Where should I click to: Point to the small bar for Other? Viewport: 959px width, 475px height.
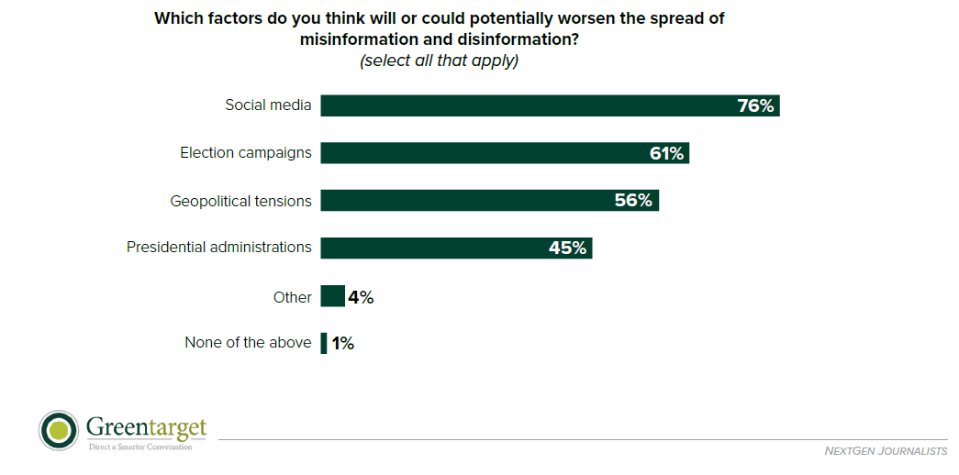pos(332,296)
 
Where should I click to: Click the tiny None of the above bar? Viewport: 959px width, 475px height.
pos(323,344)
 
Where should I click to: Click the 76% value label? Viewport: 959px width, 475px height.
pos(756,106)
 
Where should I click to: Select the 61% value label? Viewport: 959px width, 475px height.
pos(667,154)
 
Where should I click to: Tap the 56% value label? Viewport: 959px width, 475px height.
pos(633,201)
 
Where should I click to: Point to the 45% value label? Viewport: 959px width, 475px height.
pos(567,248)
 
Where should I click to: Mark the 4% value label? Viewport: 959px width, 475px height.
pos(361,297)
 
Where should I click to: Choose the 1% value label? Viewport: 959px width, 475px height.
pos(342,344)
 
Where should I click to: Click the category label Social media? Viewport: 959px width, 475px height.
pos(268,105)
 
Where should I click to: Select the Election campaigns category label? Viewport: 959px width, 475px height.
pos(245,153)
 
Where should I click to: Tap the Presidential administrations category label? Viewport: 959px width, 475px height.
pos(218,248)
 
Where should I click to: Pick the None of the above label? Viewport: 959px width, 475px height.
pos(248,344)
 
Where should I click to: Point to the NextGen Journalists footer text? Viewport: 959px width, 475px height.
pos(887,451)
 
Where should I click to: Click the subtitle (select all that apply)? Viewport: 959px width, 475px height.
pos(439,61)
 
